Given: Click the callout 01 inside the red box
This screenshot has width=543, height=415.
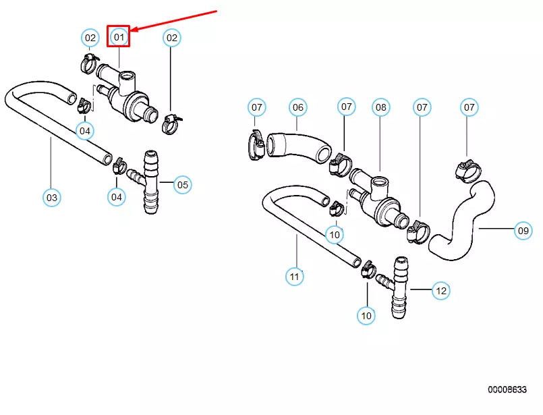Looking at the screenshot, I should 119,37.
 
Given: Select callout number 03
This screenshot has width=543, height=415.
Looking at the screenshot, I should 51,198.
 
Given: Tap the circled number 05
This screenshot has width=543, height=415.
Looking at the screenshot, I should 182,184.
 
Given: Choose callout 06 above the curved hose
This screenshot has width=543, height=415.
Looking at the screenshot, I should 297,107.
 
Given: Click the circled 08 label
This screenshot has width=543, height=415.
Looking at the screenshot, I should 381,107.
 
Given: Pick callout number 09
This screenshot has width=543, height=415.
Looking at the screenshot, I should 523,231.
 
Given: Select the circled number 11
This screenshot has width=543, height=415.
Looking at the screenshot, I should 293,276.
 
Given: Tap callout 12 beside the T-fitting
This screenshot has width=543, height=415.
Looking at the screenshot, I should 440,291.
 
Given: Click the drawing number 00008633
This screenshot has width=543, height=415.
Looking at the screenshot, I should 507,390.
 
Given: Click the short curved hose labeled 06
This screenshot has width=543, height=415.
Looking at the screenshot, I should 297,145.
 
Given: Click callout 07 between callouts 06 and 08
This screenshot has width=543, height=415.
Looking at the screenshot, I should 346,107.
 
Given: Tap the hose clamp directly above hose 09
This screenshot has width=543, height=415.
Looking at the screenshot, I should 467,169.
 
